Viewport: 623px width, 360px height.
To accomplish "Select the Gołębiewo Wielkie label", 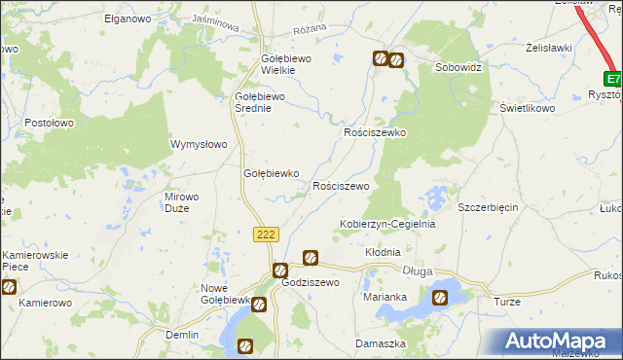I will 285,64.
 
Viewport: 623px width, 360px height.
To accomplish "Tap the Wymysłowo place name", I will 199,144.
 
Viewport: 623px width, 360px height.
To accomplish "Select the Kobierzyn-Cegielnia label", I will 386,224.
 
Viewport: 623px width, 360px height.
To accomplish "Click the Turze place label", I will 507,303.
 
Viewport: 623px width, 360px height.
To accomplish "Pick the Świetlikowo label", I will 527,109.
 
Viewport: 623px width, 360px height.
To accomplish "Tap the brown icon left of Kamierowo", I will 9,287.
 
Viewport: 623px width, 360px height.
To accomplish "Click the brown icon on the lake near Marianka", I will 440,298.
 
